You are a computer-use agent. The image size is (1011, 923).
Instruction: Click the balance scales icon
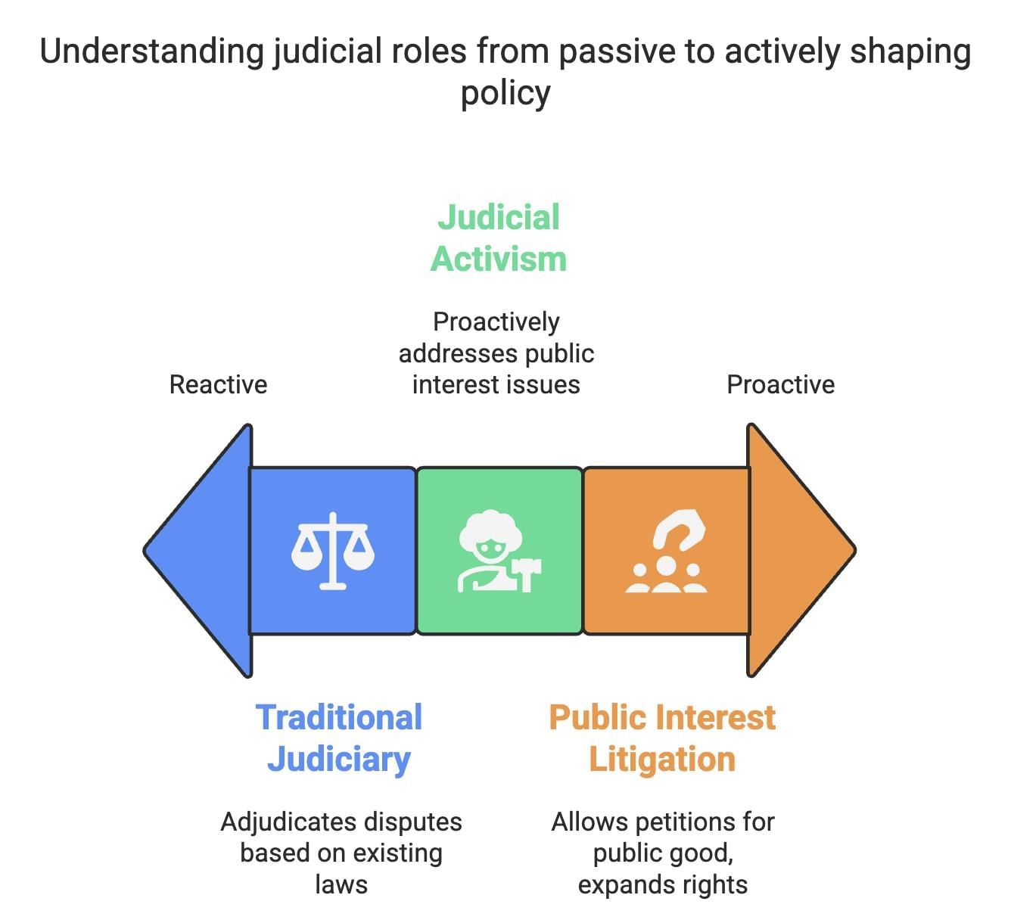(333, 550)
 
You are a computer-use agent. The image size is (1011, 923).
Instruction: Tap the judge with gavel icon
(499, 552)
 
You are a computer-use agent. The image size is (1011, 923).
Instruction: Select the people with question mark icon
(666, 552)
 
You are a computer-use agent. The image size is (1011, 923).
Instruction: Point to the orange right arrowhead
(798, 550)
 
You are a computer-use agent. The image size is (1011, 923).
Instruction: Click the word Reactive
(218, 384)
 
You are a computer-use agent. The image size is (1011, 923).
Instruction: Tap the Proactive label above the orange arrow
(780, 384)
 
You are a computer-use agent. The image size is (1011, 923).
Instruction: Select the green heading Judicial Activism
(499, 238)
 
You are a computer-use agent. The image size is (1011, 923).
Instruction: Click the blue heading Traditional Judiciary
(338, 738)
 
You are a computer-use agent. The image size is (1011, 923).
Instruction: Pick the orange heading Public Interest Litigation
(662, 738)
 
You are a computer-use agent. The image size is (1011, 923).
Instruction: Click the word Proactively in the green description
(496, 322)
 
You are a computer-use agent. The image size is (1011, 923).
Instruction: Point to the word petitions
(684, 822)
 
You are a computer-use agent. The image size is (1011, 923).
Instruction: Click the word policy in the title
(505, 93)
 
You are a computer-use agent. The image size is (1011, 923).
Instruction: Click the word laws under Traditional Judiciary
(341, 884)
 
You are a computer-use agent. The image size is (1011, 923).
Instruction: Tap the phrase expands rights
(662, 884)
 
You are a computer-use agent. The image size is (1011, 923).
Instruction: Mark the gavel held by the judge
(527, 573)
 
